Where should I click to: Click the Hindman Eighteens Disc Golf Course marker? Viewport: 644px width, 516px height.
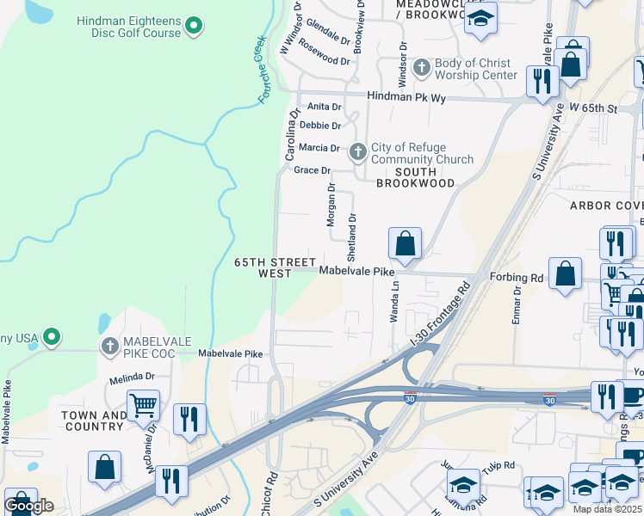[195, 26]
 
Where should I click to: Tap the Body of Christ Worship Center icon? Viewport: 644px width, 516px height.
[422, 67]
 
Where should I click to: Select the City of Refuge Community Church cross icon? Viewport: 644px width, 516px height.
[358, 152]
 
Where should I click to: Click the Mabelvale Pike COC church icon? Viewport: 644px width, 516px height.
[109, 347]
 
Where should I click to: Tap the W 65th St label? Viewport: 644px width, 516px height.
[594, 108]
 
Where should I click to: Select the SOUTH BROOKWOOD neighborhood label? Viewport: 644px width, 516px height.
[416, 177]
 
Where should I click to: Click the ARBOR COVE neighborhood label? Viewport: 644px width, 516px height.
[606, 206]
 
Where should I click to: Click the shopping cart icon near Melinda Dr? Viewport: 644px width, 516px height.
[142, 402]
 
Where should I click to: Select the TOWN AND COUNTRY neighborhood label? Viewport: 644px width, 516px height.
[95, 421]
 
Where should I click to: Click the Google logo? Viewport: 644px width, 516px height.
[28, 506]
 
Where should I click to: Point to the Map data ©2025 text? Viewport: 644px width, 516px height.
[607, 509]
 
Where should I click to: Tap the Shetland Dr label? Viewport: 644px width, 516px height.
[351, 237]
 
